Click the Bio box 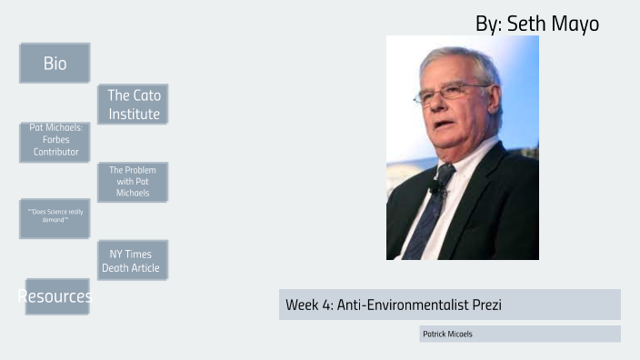pos(55,63)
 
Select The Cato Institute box pos(133,105)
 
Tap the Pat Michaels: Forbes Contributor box pos(55,141)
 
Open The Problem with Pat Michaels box pos(133,182)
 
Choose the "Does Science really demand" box pos(55,217)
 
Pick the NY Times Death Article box pos(133,260)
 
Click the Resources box pos(56,296)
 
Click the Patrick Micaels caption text pos(448,335)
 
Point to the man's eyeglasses pos(452,92)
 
